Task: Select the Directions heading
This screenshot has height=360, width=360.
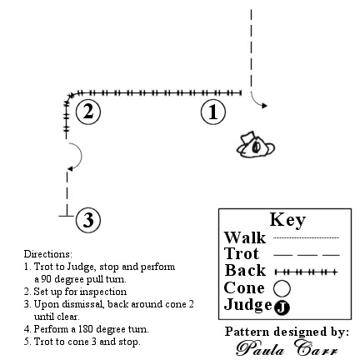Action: click(x=42, y=250)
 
